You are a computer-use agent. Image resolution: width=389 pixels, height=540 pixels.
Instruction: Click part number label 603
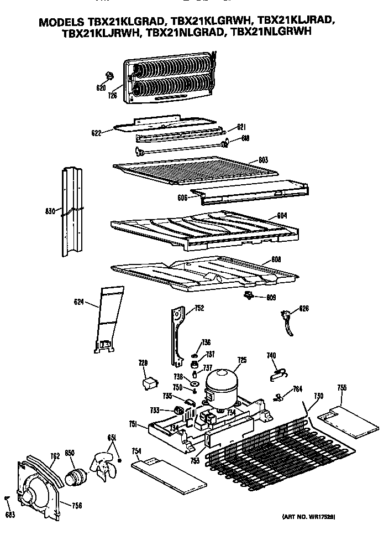click(263, 160)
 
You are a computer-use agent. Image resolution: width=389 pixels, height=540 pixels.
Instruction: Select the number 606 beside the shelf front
click(181, 196)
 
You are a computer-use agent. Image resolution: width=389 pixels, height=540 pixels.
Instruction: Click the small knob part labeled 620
click(108, 76)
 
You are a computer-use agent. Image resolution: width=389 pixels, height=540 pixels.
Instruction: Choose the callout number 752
click(199, 308)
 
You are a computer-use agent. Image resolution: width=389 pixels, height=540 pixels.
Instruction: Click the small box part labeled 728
click(149, 382)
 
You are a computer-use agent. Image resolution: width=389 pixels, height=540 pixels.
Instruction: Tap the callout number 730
click(318, 396)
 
